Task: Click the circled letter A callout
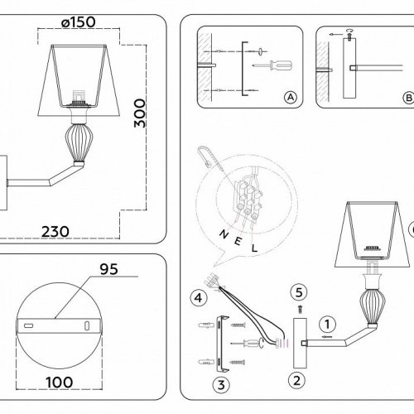290,97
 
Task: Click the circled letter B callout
407,97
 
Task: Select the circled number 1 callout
329,325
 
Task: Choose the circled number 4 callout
197,294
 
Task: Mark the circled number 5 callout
300,291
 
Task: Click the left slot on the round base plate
31,328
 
